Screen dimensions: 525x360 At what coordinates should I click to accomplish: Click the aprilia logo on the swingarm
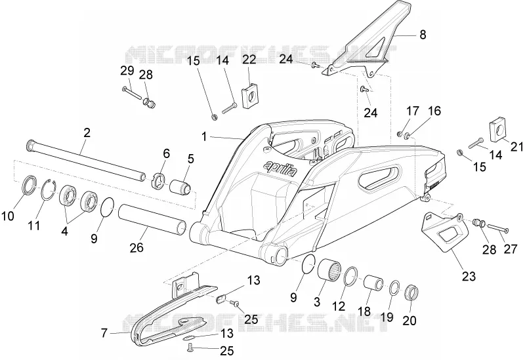click(x=280, y=169)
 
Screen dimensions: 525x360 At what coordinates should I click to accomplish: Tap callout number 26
click(x=136, y=247)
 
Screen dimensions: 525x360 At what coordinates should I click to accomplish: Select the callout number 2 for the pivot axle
click(x=87, y=133)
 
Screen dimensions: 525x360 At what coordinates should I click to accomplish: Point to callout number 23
click(x=469, y=276)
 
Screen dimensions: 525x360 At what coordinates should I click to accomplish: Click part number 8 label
click(x=423, y=35)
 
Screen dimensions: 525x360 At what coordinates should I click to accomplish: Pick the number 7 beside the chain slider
click(x=104, y=333)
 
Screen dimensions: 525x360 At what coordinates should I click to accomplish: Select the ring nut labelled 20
click(x=411, y=292)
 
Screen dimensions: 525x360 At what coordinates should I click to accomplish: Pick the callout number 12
click(x=339, y=306)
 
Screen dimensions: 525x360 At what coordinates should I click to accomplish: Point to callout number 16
click(x=434, y=111)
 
